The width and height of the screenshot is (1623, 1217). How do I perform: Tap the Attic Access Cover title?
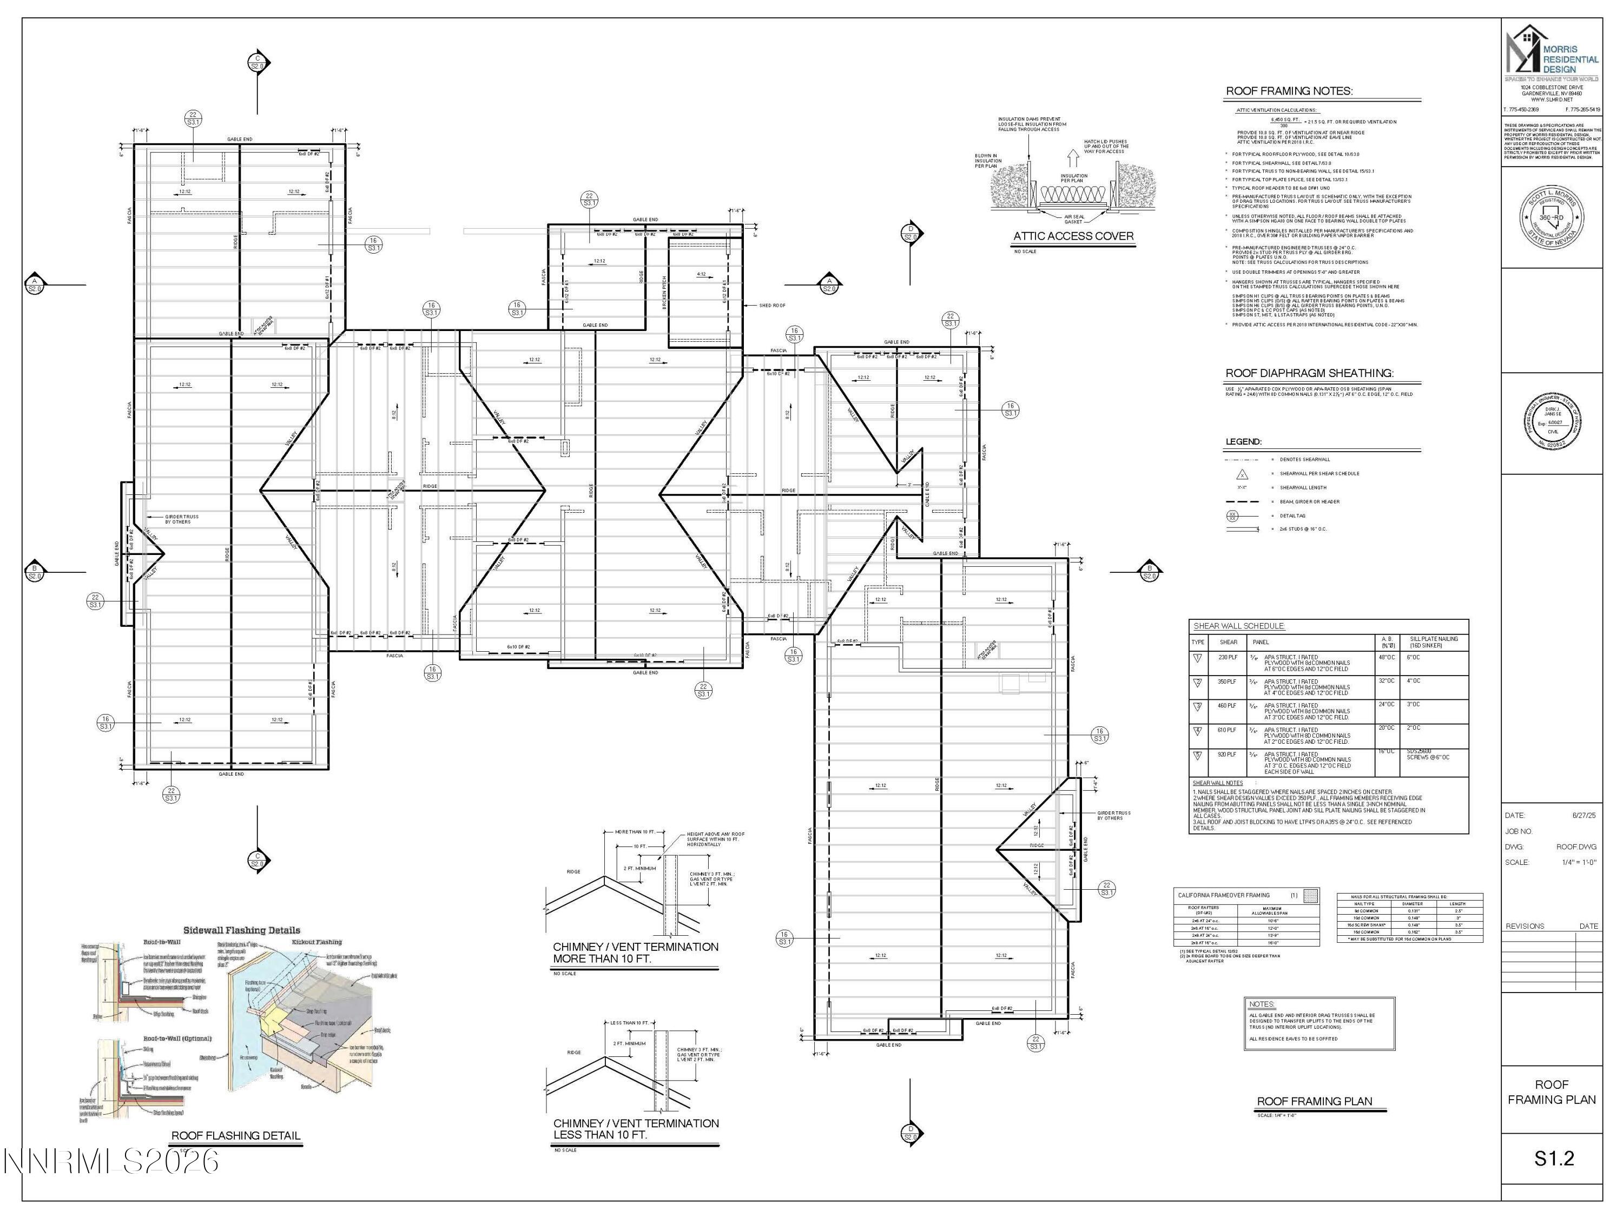pyautogui.click(x=1073, y=236)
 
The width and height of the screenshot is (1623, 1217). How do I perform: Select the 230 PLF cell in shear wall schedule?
pyautogui.click(x=1228, y=657)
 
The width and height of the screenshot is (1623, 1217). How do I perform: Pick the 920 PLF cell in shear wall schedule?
pyautogui.click(x=1228, y=754)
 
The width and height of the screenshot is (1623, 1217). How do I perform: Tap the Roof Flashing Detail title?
pyautogui.click(x=235, y=1135)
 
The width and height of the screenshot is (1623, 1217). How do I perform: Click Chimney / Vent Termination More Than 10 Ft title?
pyautogui.click(x=636, y=952)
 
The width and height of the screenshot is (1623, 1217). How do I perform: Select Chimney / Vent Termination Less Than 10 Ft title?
pyautogui.click(x=636, y=1128)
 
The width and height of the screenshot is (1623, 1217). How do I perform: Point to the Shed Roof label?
pyautogui.click(x=772, y=305)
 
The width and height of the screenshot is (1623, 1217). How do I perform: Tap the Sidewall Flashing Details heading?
pyautogui.click(x=241, y=930)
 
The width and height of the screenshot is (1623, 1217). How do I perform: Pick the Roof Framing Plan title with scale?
pyautogui.click(x=1314, y=1101)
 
